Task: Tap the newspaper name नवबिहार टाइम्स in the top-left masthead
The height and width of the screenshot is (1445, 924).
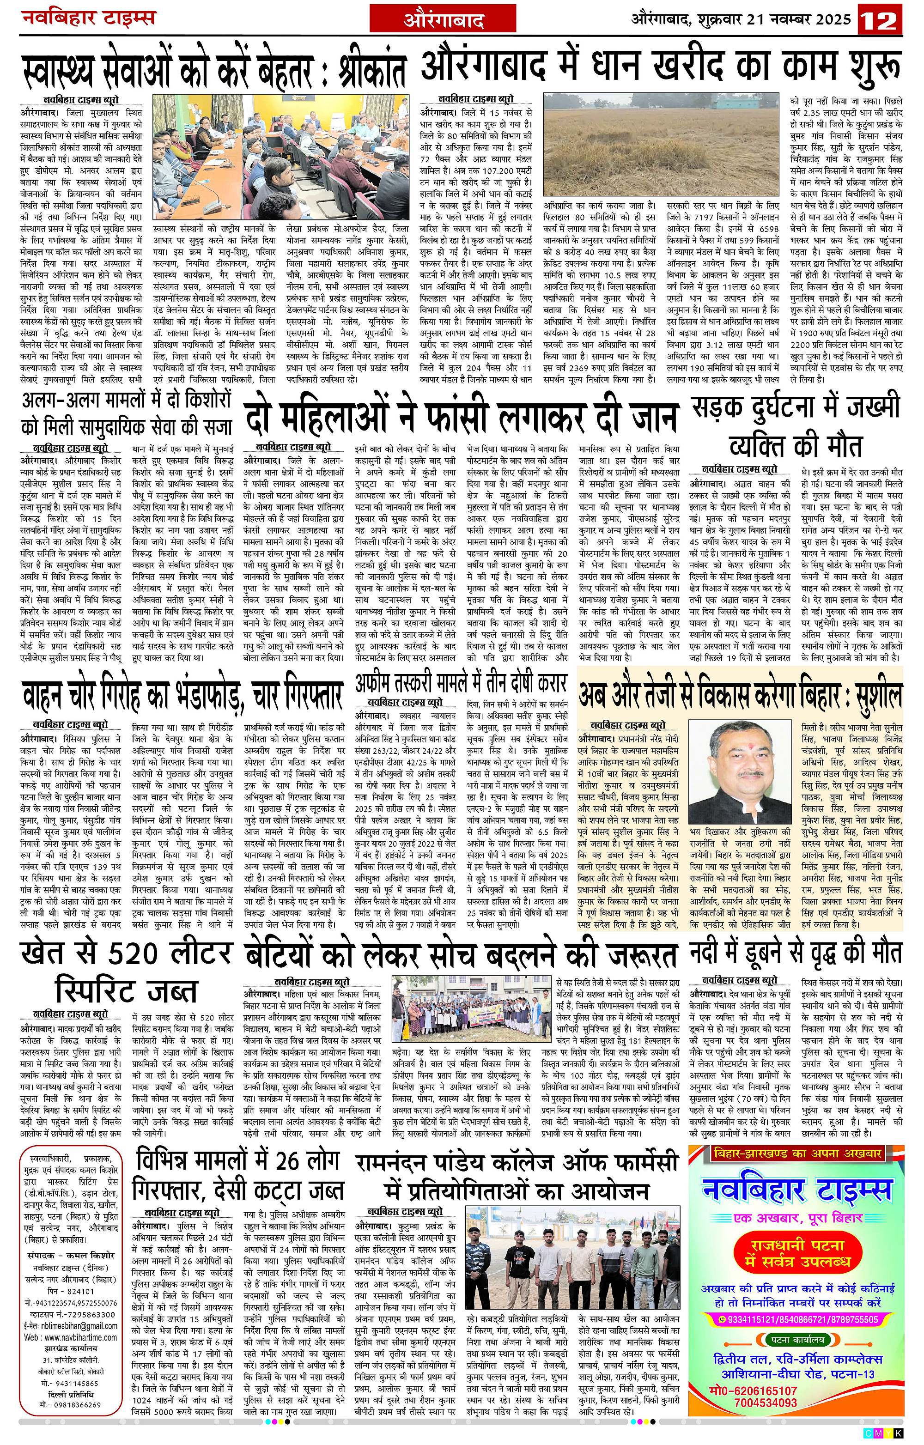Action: [x=88, y=18]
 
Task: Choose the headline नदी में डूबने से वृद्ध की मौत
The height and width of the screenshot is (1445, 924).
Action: [x=796, y=953]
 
